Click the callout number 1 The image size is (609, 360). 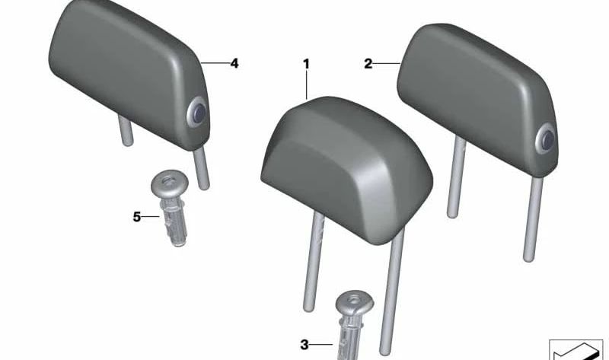pos(307,64)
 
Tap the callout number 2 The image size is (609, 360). pos(368,63)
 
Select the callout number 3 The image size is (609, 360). pos(304,345)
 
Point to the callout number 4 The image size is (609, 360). pos(234,63)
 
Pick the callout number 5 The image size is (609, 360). pos(137,217)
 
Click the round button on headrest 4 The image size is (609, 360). pos(197,113)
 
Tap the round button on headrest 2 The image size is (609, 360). pos(546,140)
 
